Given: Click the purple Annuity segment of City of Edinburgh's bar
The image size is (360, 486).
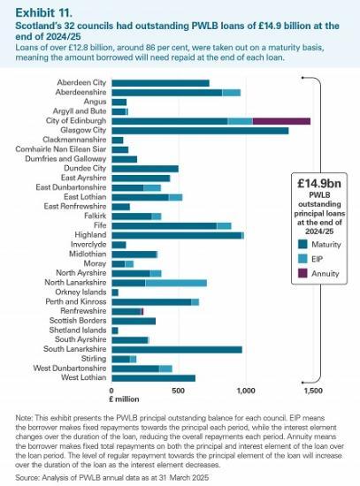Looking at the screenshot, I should [x=280, y=121].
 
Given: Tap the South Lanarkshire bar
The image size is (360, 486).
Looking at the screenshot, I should [x=176, y=349].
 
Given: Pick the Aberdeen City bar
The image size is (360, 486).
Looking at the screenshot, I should [x=160, y=83].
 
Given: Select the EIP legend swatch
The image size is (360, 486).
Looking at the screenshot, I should [x=303, y=260].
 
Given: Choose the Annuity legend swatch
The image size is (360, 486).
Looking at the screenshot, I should [x=303, y=275].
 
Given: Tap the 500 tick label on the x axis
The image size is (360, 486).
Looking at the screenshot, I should [x=179, y=390].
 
